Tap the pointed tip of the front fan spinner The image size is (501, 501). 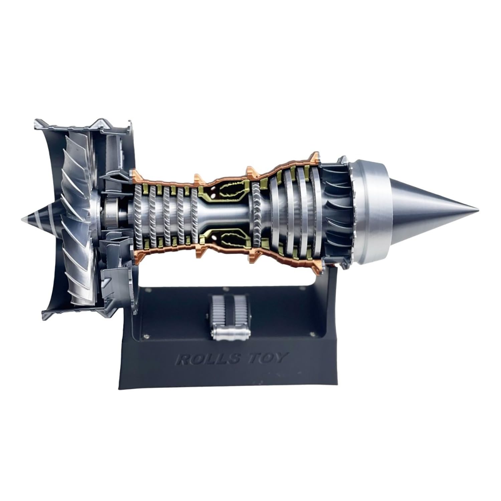(22, 219)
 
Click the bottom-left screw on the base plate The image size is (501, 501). (146, 336)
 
